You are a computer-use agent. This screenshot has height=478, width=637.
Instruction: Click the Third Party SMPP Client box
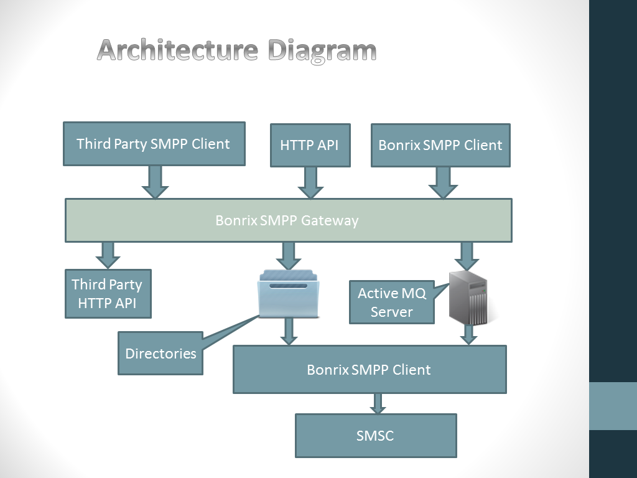pos(154,144)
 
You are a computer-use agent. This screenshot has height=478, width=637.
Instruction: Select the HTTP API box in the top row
pos(310,145)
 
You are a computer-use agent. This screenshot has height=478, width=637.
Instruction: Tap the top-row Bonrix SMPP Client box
pos(440,145)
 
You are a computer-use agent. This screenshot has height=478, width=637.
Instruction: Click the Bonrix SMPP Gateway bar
pos(289,220)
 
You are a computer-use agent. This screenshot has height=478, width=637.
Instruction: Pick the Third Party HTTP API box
pos(108,294)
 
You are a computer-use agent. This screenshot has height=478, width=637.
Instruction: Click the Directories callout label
pos(160,354)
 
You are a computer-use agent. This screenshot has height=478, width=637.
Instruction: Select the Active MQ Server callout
pos(392,302)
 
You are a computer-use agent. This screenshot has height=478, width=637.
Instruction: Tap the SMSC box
pos(376,436)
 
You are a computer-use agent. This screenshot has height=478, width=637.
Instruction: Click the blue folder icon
pos(289,294)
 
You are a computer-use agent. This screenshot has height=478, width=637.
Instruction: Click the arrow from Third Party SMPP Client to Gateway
pos(155,182)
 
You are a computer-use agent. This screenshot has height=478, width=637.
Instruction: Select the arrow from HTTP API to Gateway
pos(310,183)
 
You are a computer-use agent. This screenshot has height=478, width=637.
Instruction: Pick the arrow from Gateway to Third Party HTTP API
pos(108,255)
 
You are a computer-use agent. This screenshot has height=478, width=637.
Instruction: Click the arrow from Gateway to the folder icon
pos(289,256)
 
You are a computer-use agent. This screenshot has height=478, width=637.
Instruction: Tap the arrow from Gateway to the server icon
pos(467,256)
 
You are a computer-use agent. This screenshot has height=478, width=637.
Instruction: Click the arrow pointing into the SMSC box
pos(378,403)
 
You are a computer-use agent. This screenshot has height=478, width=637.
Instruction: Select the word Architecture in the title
pos(177,50)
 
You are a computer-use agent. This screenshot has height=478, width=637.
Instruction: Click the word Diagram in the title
pos(322,51)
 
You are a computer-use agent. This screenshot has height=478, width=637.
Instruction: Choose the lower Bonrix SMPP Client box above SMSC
pos(370,370)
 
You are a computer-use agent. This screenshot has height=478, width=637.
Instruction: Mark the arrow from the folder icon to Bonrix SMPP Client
pos(289,332)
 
